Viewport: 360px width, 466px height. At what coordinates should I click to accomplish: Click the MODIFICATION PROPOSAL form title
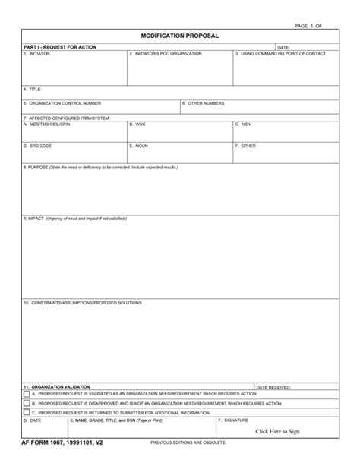[x=179, y=36]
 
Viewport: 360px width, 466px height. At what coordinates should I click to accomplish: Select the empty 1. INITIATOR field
[x=73, y=71]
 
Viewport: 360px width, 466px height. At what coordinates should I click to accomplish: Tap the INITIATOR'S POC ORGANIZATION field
[x=178, y=71]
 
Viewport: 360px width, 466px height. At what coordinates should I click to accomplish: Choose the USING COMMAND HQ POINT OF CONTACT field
[x=284, y=71]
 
